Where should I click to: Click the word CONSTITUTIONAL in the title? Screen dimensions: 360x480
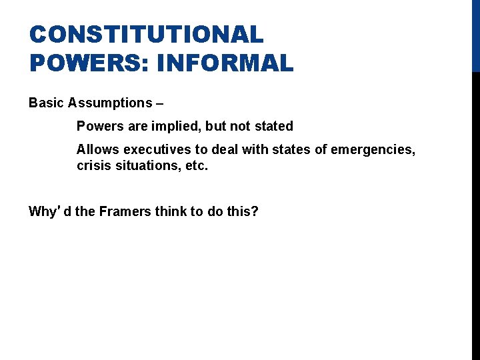click(146, 34)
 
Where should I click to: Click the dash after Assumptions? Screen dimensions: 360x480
click(159, 103)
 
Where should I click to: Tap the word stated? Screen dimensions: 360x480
click(274, 126)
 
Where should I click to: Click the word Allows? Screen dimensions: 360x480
click(96, 149)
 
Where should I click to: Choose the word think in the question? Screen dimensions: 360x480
click(169, 212)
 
